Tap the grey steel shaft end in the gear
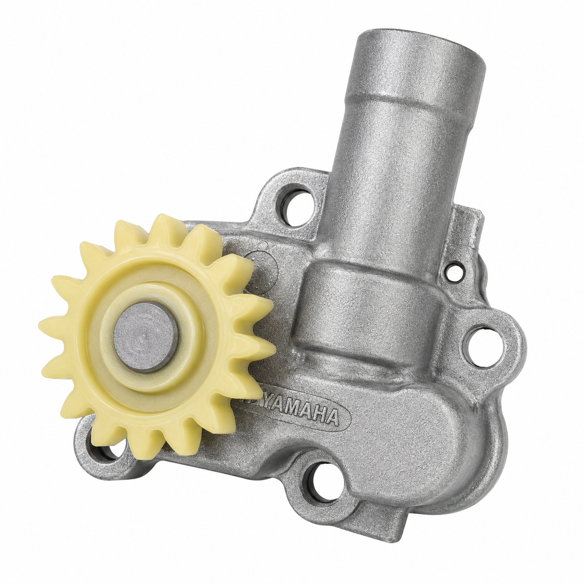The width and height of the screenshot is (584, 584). (x=146, y=337)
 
